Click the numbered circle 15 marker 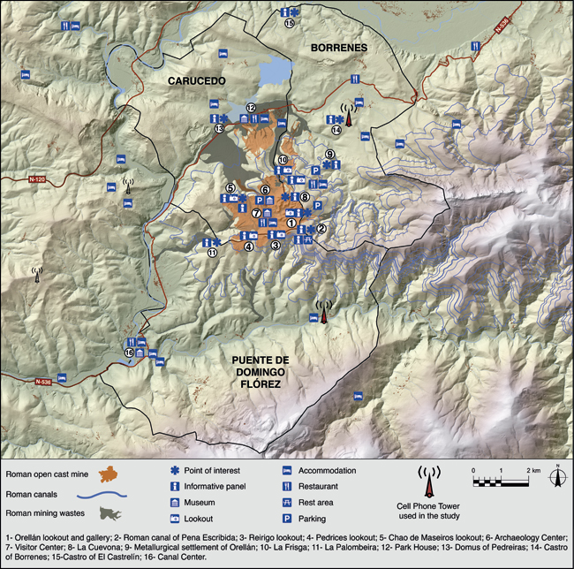point(289,24)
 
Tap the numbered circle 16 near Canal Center point(130,353)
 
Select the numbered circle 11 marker point(211,253)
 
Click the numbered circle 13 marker point(218,129)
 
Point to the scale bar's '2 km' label point(533,470)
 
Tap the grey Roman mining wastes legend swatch point(113,515)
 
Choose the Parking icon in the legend point(288,517)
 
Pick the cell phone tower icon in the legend point(429,481)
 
